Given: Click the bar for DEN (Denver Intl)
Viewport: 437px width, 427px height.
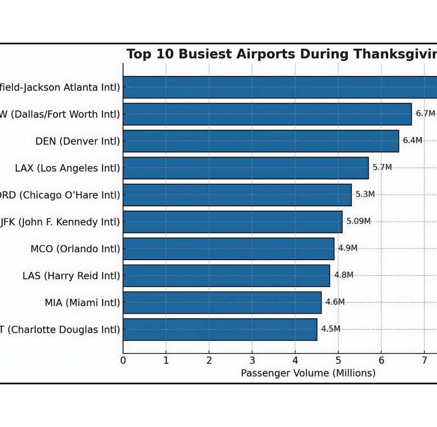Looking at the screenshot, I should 261,141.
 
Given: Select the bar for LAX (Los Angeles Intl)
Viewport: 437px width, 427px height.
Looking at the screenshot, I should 245,168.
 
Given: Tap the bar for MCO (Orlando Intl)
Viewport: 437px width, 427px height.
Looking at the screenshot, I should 228,249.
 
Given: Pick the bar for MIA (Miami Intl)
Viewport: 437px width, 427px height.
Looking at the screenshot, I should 222,302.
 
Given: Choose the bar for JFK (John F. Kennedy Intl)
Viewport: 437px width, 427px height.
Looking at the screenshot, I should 232,221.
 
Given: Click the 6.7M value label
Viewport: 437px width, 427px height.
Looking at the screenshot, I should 425,114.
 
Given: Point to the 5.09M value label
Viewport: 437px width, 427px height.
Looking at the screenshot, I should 358,221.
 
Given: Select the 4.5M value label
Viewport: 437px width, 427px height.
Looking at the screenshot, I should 331,329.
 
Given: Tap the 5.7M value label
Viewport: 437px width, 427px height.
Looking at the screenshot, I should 382,168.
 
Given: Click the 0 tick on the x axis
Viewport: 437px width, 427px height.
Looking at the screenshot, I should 123,360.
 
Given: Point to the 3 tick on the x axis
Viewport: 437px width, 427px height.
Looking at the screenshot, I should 252,360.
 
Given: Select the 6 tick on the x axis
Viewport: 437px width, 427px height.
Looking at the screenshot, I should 381,360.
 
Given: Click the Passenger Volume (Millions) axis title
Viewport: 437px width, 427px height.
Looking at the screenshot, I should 308,373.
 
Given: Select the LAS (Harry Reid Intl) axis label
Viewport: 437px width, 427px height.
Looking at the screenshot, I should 71,276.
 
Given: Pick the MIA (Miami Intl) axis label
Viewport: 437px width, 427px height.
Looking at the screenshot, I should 83,303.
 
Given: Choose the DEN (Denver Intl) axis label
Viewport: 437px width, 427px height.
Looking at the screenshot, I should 77,142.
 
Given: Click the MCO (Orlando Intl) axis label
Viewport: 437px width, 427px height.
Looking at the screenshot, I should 75,249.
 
